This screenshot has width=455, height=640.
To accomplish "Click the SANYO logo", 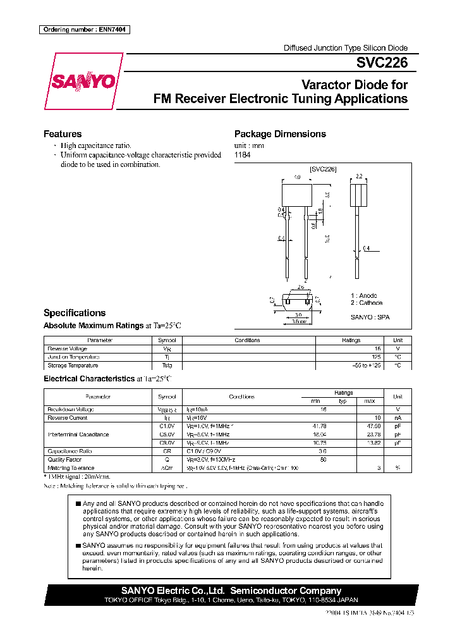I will (83, 83).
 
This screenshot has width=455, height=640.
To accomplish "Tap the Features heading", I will (63, 134).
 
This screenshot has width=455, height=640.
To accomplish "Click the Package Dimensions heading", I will (280, 134).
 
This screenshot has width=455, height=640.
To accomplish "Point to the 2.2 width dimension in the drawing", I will (358, 176).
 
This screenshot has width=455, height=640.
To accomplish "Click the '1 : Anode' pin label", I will (364, 295).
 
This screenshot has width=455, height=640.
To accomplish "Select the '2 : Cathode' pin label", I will (367, 303).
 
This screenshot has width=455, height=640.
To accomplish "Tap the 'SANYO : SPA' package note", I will (370, 317).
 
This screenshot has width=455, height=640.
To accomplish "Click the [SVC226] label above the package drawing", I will (323, 169).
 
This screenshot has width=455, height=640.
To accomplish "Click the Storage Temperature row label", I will (73, 366).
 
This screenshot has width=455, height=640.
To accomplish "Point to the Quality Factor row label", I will (65, 460).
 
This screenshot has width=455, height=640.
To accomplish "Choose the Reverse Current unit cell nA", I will (397, 417).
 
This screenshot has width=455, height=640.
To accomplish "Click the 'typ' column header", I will (343, 401).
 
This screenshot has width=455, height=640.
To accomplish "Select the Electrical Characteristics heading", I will (89, 378).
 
